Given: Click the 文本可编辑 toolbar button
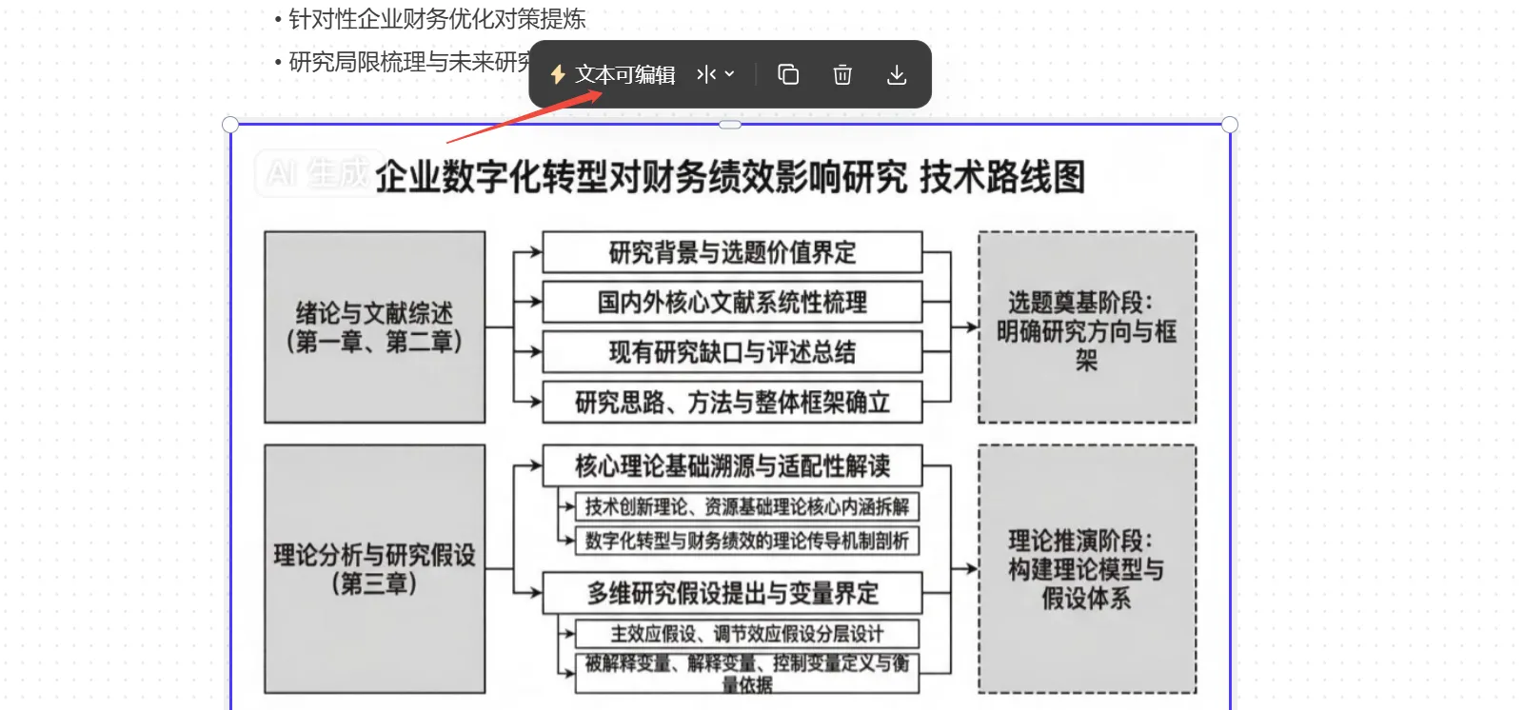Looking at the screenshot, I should tap(613, 74).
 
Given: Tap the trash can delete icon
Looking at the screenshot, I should tap(842, 74).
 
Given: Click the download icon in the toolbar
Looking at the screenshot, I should tap(897, 74).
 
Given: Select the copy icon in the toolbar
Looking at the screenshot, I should tap(788, 74).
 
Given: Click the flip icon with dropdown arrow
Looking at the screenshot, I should tap(716, 74).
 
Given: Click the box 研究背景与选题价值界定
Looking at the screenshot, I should tap(732, 252).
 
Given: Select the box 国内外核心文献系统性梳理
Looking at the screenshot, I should tap(732, 303).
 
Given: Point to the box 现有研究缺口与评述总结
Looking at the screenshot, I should tap(732, 352).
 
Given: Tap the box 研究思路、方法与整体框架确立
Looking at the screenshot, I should tap(732, 403).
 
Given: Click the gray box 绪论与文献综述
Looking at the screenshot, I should tap(374, 326).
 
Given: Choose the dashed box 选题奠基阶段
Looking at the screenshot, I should tap(1086, 327).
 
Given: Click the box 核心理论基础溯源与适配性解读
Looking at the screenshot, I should tap(732, 466).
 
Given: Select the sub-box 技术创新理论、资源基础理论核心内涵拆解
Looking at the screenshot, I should tap(747, 506).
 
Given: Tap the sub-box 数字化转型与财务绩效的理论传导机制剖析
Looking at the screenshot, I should tap(747, 541).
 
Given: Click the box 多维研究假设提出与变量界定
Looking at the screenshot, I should tap(732, 593).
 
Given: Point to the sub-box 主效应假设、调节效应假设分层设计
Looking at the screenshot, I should tap(747, 634).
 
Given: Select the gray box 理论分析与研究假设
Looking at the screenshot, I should tap(374, 568).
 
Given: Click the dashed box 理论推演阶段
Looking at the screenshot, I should tap(1086, 568).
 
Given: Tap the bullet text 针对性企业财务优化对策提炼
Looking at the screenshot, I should tap(437, 19).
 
